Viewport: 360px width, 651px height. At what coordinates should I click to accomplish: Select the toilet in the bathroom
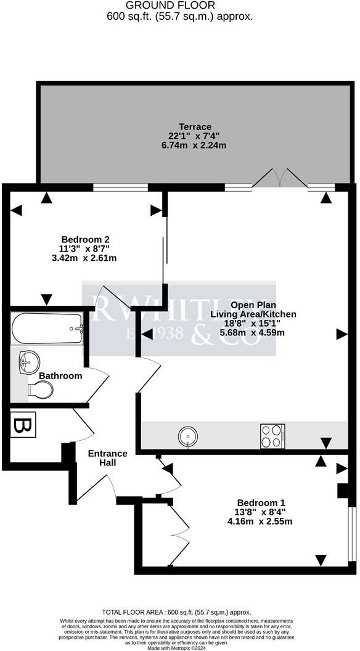tap(40, 390)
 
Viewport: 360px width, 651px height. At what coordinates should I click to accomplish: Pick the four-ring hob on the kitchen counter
tap(272, 435)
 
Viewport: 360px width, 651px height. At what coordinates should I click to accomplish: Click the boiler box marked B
tap(23, 425)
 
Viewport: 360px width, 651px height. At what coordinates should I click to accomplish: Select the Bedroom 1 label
tap(260, 502)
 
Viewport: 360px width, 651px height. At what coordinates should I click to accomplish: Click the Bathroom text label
tap(60, 375)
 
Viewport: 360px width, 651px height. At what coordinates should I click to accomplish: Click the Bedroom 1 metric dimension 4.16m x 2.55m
tap(260, 521)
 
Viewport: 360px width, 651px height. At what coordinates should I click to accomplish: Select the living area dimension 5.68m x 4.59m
tap(253, 333)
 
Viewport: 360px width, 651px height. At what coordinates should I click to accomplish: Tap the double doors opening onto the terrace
tap(279, 179)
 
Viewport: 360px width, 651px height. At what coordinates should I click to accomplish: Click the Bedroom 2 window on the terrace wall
tap(120, 186)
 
